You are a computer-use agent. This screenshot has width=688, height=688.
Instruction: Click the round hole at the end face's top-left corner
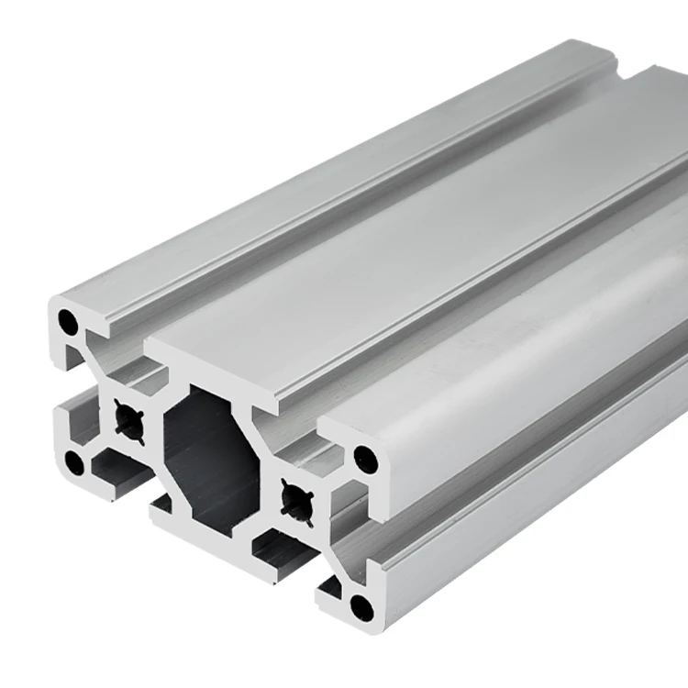click(x=68, y=322)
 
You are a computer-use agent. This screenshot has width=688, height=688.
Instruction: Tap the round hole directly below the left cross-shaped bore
click(x=75, y=462)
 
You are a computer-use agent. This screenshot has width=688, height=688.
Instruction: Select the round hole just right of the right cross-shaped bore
click(x=365, y=458)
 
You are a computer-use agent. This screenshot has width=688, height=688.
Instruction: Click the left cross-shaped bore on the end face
click(x=128, y=418)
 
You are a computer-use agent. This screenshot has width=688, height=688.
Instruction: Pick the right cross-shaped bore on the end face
click(x=298, y=500)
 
